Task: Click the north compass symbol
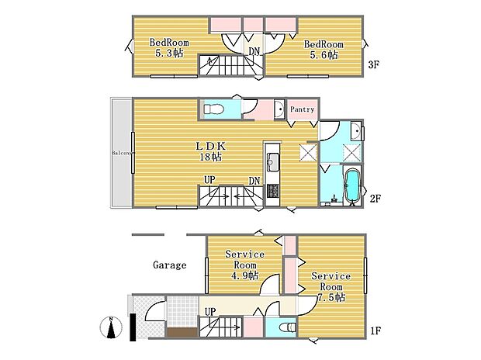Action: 111,327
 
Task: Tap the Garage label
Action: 170,265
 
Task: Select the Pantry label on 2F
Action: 302,109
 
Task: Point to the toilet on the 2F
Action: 214,109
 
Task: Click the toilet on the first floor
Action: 288,327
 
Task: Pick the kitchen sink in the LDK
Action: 272,162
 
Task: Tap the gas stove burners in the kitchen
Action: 272,191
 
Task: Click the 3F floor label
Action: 374,64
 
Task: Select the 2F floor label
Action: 375,199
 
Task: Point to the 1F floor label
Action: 375,331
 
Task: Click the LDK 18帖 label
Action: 211,151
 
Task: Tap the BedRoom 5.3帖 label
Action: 169,47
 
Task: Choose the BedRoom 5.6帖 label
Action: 324,50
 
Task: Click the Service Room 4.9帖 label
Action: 245,265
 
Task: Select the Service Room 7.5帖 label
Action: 331,286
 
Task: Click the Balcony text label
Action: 123,153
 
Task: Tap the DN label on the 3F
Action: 254,51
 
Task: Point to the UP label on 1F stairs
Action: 210,312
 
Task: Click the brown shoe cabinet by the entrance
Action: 182,332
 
